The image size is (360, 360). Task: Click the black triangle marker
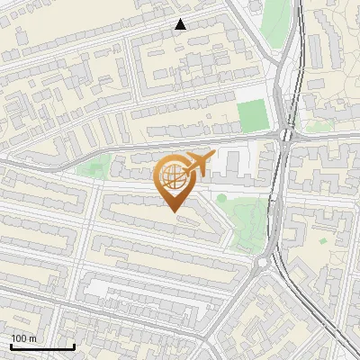(x=180, y=24)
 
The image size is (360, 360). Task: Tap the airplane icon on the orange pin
(x=197, y=164)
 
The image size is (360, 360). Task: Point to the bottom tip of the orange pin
(x=172, y=211)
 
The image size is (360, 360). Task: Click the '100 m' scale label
(x=24, y=337)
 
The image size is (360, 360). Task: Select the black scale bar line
(x=42, y=346)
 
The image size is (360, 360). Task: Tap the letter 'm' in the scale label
(x=34, y=337)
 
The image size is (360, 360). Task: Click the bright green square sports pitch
(x=253, y=115)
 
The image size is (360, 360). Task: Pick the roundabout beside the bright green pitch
(x=286, y=136)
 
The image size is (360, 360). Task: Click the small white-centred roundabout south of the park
(x=262, y=263)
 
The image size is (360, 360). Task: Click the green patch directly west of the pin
(x=94, y=166)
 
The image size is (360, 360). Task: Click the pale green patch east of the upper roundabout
(x=319, y=126)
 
